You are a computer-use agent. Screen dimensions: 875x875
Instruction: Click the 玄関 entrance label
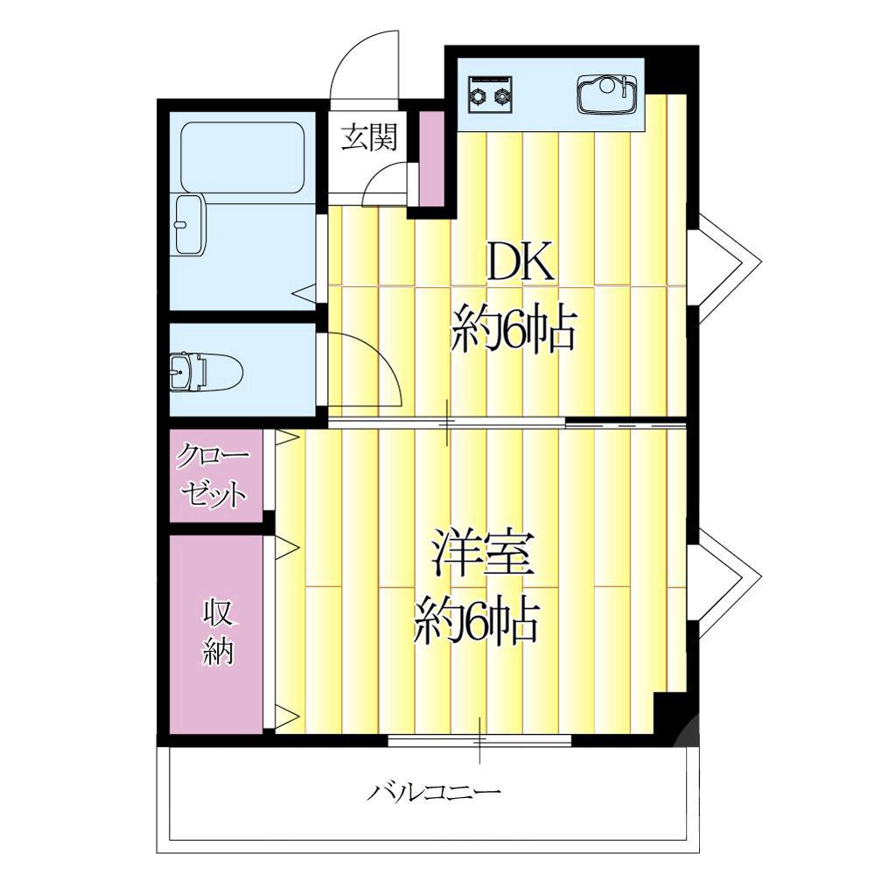click(x=368, y=137)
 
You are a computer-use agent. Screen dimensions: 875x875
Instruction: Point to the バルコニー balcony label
click(x=434, y=793)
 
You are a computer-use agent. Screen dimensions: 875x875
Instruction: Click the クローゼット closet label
click(x=213, y=476)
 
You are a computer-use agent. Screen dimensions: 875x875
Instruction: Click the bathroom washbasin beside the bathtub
click(x=189, y=225)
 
